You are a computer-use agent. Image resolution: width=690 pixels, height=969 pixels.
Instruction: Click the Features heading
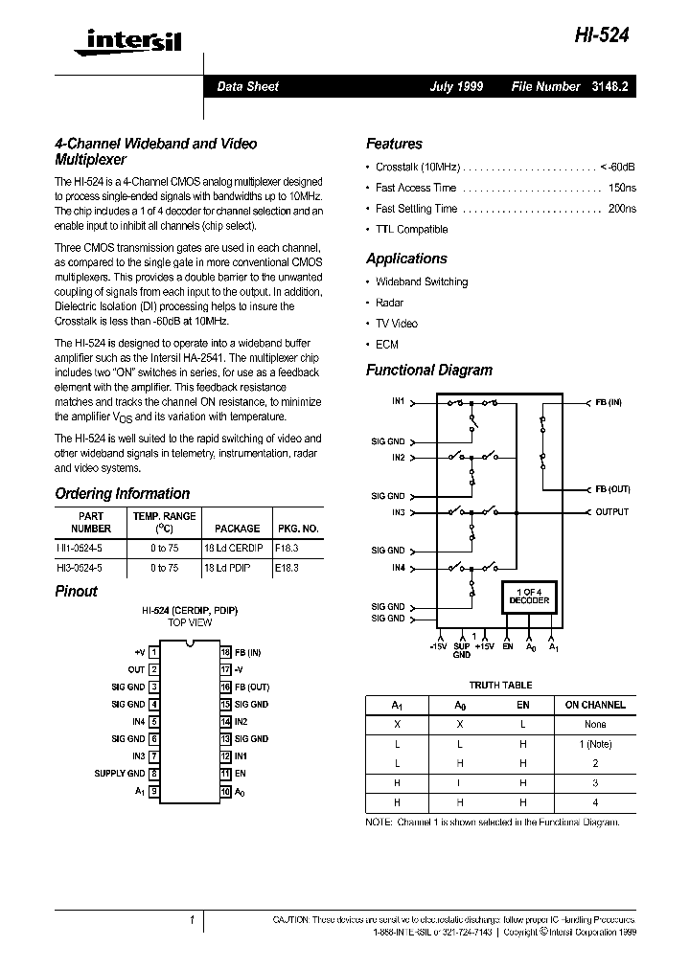pyautogui.click(x=394, y=144)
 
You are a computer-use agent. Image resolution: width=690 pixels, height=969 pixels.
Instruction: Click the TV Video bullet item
pyautogui.click(x=396, y=324)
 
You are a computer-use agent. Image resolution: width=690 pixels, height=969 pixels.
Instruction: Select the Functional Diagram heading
pyautogui.click(x=428, y=370)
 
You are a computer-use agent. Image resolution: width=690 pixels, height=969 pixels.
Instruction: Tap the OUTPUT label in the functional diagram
pyautogui.click(x=612, y=512)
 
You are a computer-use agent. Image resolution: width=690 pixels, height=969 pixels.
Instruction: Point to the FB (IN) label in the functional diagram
pyautogui.click(x=609, y=403)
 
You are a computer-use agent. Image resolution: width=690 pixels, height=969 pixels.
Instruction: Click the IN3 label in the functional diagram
pyautogui.click(x=398, y=512)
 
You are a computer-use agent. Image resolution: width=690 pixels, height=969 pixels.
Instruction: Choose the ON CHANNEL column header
pyautogui.click(x=594, y=705)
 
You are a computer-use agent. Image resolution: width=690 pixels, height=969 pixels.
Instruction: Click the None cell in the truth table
pyautogui.click(x=594, y=724)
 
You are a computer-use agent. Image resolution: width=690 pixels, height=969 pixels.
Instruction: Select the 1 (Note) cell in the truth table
pyautogui.click(x=594, y=744)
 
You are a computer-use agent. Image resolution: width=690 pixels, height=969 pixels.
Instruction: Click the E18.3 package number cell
pyautogui.click(x=287, y=567)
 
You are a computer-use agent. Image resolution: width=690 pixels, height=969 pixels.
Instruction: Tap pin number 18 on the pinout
pyautogui.click(x=226, y=652)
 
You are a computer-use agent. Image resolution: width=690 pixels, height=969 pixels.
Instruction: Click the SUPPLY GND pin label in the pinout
pyautogui.click(x=120, y=774)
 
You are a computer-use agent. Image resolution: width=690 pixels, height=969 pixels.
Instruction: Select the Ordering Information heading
pyautogui.click(x=123, y=494)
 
